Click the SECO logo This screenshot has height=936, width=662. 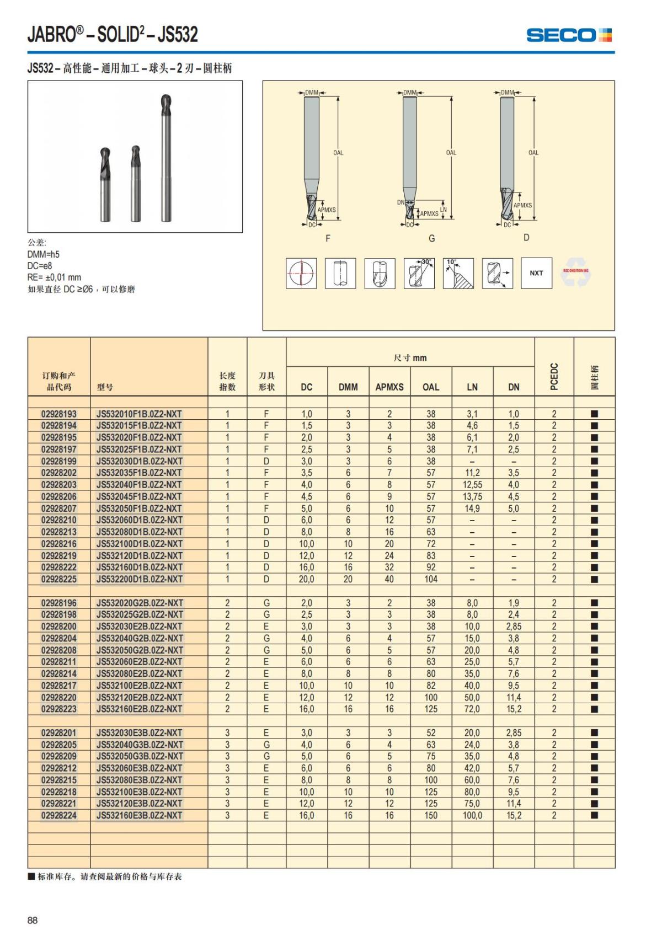pos(569,35)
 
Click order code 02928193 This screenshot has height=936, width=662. pos(59,414)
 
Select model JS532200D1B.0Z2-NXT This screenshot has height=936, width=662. pos(139,579)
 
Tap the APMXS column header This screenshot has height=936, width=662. pos(389,387)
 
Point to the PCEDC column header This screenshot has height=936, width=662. pos(554,376)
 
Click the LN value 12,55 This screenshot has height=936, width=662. pos(472,485)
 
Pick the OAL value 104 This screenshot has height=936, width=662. pos(431,579)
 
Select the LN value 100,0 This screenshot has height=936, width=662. pos(472,815)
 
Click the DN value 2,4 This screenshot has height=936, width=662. pos(514,614)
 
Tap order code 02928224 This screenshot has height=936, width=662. pos(59,815)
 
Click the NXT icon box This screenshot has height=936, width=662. pos(536,273)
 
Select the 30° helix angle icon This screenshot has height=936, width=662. pos(419,273)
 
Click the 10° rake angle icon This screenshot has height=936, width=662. pos(458,273)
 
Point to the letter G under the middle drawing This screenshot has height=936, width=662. pos(432,238)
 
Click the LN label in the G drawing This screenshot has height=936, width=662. pos(444,210)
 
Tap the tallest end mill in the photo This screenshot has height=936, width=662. pos(164,160)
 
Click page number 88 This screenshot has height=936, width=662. pos(33,920)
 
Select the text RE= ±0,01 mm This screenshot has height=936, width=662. pos(54,277)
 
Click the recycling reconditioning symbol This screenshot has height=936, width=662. pos(575,272)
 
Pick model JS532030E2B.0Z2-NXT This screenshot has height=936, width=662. pos(139,627)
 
